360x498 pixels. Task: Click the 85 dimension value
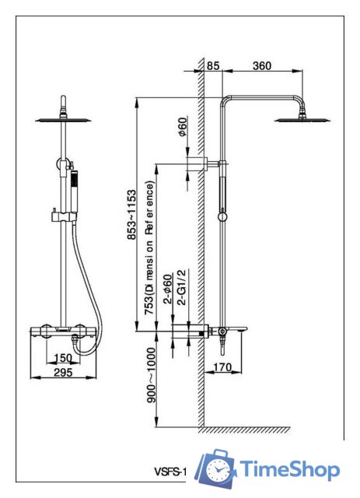213,65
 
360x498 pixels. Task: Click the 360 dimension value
262,65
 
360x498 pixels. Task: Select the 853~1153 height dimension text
131,215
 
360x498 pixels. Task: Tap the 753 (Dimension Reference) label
149,247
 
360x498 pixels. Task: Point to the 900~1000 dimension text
151,375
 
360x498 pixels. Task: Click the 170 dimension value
222,367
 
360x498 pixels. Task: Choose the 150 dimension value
63,358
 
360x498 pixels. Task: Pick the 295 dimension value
63,372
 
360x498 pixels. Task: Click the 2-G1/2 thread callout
181,287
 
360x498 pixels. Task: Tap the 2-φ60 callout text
168,289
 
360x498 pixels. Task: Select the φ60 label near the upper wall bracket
183,127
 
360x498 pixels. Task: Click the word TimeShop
289,469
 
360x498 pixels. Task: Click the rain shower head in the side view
302,117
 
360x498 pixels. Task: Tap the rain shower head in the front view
63,119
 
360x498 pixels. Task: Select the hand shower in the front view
75,191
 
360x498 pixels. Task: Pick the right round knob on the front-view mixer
81,331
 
